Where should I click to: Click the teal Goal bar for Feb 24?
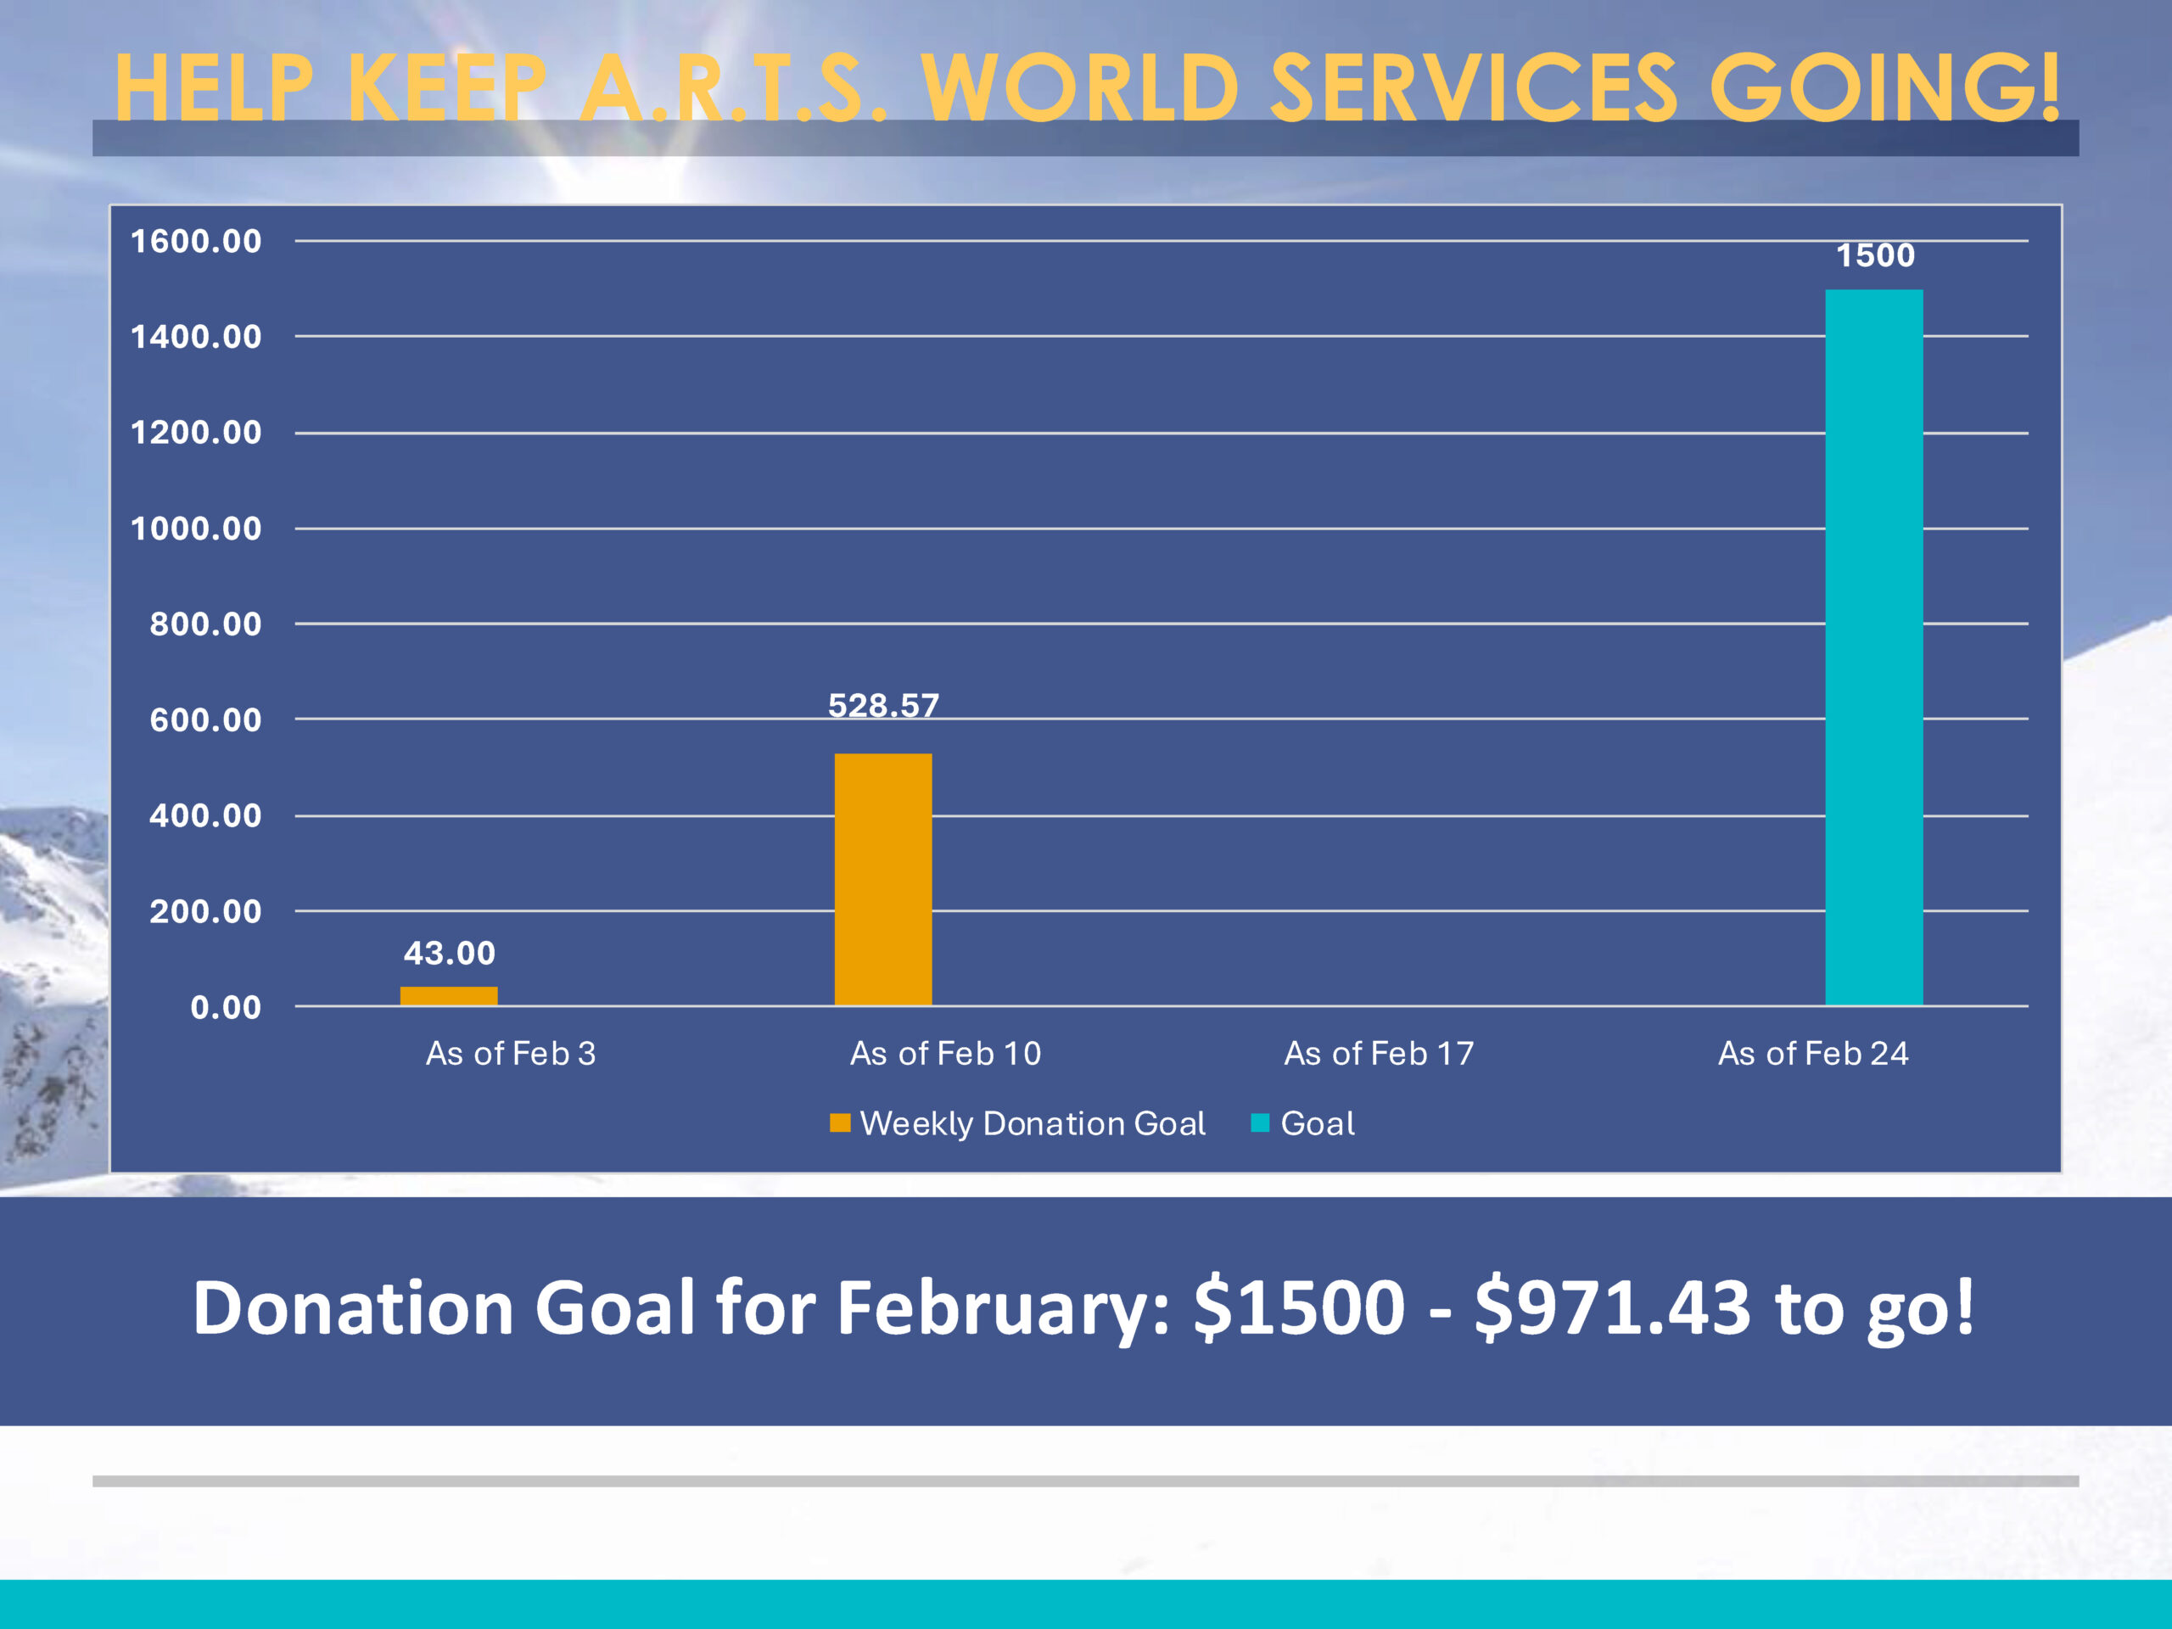(1873, 648)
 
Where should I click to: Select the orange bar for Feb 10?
(882, 879)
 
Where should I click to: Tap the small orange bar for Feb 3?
(449, 996)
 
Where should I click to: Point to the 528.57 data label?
(882, 705)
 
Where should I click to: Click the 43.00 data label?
(449, 953)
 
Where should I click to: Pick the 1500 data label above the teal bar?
(1874, 255)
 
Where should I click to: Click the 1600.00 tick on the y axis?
(196, 241)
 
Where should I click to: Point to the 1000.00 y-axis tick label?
(196, 529)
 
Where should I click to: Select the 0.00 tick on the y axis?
(225, 1006)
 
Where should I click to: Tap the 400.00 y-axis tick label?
(205, 815)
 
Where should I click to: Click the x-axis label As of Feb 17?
(1379, 1054)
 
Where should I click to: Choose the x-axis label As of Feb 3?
(511, 1054)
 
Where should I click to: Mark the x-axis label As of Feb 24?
(1812, 1054)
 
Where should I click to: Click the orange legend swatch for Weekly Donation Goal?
(840, 1122)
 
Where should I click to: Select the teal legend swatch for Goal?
(1260, 1122)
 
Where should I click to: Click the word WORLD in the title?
(1079, 88)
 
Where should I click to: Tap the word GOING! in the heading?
(1885, 88)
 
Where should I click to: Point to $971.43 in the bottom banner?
(1611, 1308)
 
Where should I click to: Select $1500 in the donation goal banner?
(1299, 1308)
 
